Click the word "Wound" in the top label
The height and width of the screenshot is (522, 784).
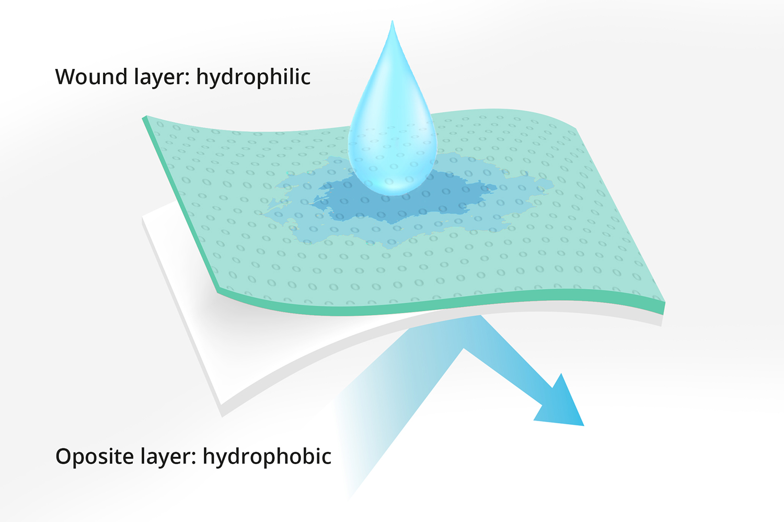91,77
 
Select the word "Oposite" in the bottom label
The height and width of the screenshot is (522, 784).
95,457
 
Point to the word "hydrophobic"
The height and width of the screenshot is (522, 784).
267,456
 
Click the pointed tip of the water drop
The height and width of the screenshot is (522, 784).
392,21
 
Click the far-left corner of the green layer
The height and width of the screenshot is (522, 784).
144,118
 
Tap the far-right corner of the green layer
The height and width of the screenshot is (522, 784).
664,303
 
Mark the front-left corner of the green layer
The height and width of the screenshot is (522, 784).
218,292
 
